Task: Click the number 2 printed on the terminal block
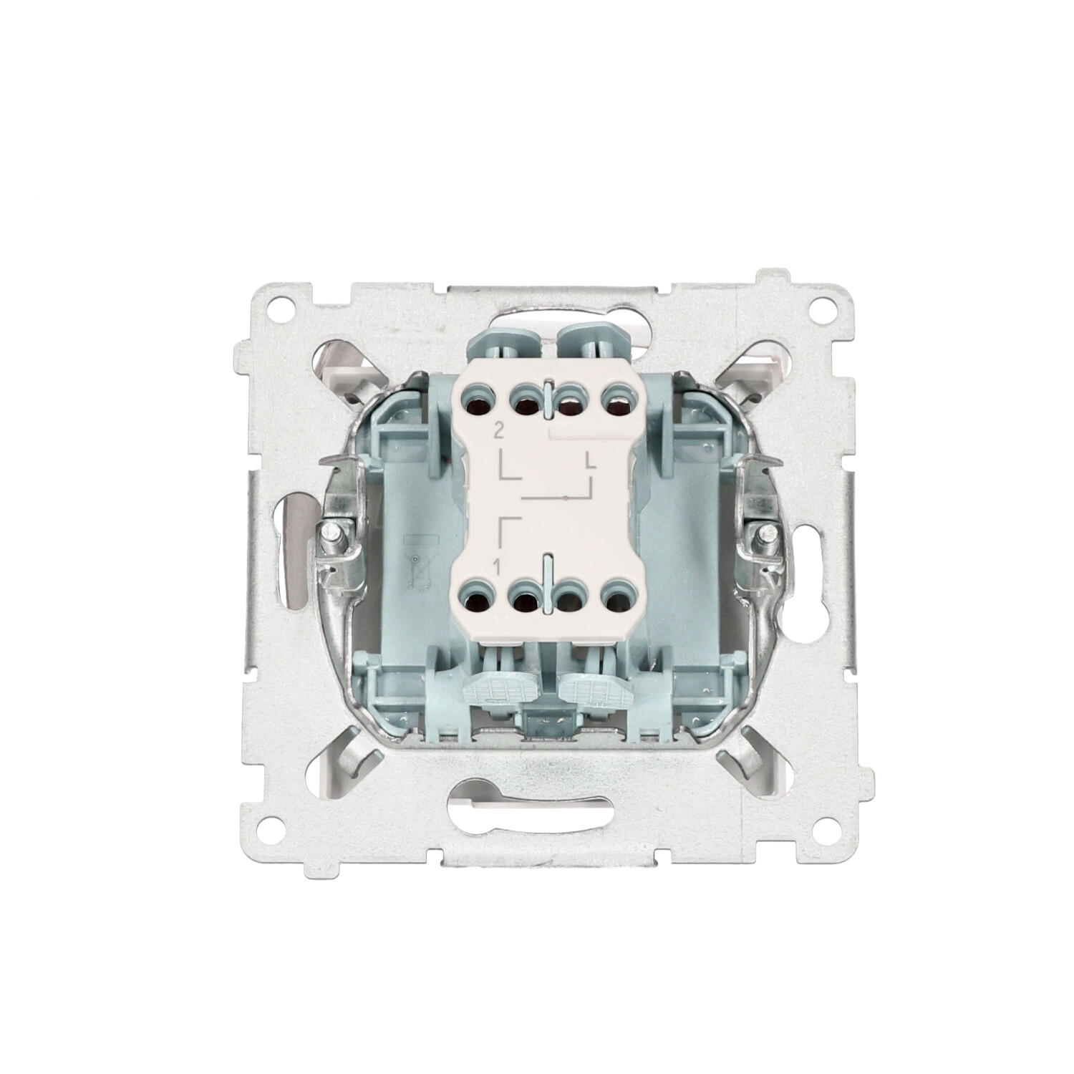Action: click(498, 432)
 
